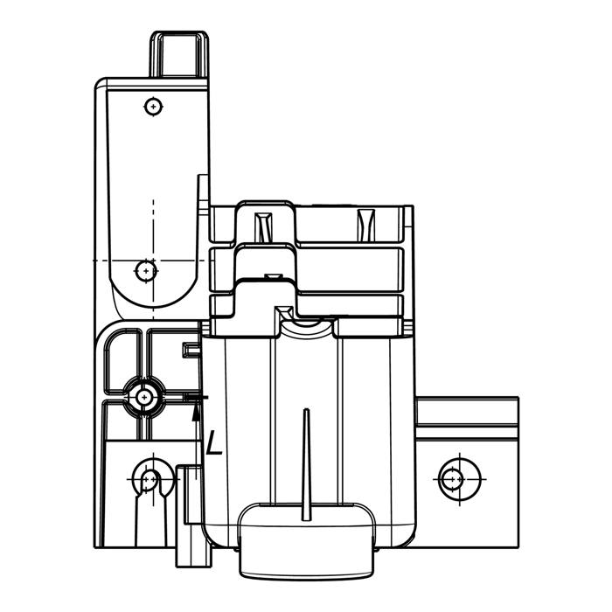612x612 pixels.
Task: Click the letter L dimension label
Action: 214,442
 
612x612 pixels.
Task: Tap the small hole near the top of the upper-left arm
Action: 153,106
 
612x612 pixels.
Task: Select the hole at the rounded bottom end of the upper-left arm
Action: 146,270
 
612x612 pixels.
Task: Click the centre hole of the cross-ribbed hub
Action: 144,397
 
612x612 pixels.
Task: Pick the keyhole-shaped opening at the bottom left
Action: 150,478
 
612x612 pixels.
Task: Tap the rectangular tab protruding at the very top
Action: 179,53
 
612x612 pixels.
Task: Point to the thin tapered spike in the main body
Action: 306,464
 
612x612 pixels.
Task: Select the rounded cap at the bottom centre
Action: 307,539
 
